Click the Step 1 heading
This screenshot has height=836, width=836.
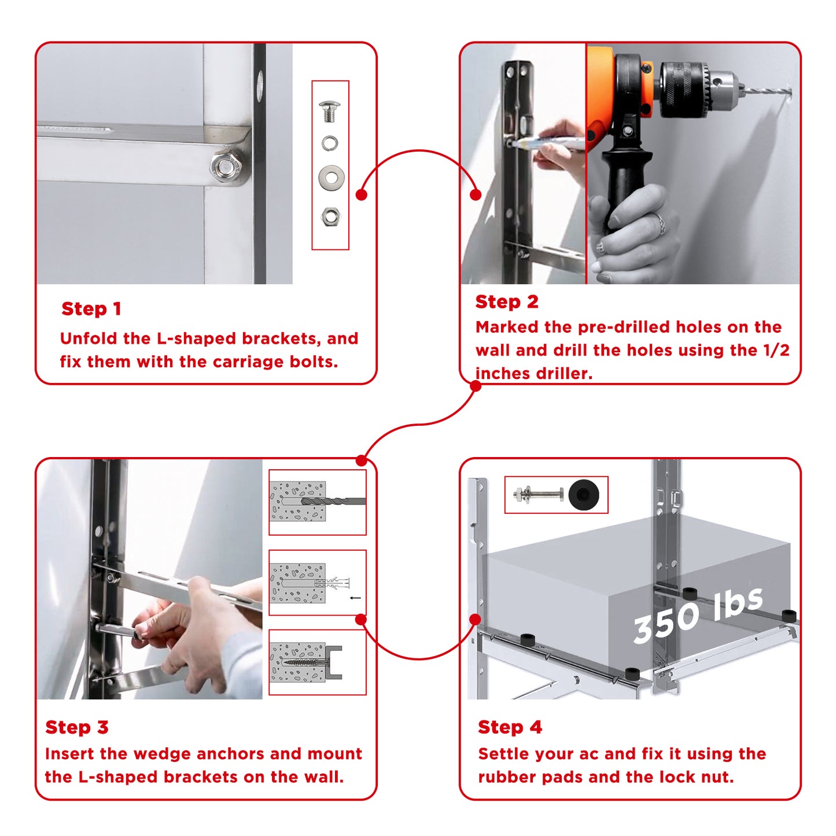pyautogui.click(x=91, y=309)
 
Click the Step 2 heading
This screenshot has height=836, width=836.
pyautogui.click(x=507, y=301)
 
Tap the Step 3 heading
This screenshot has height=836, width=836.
pyautogui.click(x=77, y=727)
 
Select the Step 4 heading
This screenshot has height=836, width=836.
pyautogui.click(x=510, y=727)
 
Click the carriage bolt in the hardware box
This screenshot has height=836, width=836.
pyautogui.click(x=330, y=111)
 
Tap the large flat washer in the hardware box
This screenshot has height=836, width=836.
pyautogui.click(x=332, y=177)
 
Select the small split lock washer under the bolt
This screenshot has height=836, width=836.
pyautogui.click(x=330, y=143)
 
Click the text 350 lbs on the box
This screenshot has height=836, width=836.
pyautogui.click(x=697, y=615)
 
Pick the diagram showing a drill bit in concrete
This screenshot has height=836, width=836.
pyautogui.click(x=317, y=502)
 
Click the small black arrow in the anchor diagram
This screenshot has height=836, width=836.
pyautogui.click(x=355, y=598)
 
